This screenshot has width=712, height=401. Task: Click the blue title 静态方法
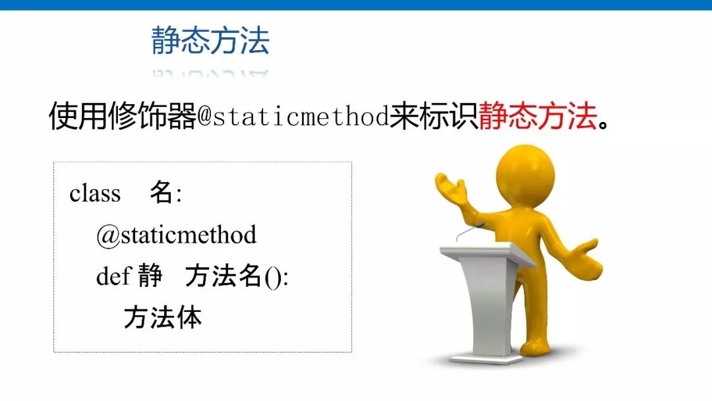(210, 40)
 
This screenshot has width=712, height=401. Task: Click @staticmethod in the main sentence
(293, 116)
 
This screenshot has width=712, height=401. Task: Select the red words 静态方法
(538, 116)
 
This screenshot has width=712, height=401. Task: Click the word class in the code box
(95, 193)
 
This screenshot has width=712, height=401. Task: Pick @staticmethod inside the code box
(176, 235)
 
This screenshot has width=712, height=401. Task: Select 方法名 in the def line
(223, 275)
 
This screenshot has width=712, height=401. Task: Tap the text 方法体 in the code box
(163, 317)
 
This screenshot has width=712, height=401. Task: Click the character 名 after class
(162, 192)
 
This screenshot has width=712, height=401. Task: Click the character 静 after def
(150, 275)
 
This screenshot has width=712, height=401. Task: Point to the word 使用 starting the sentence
(78, 116)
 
